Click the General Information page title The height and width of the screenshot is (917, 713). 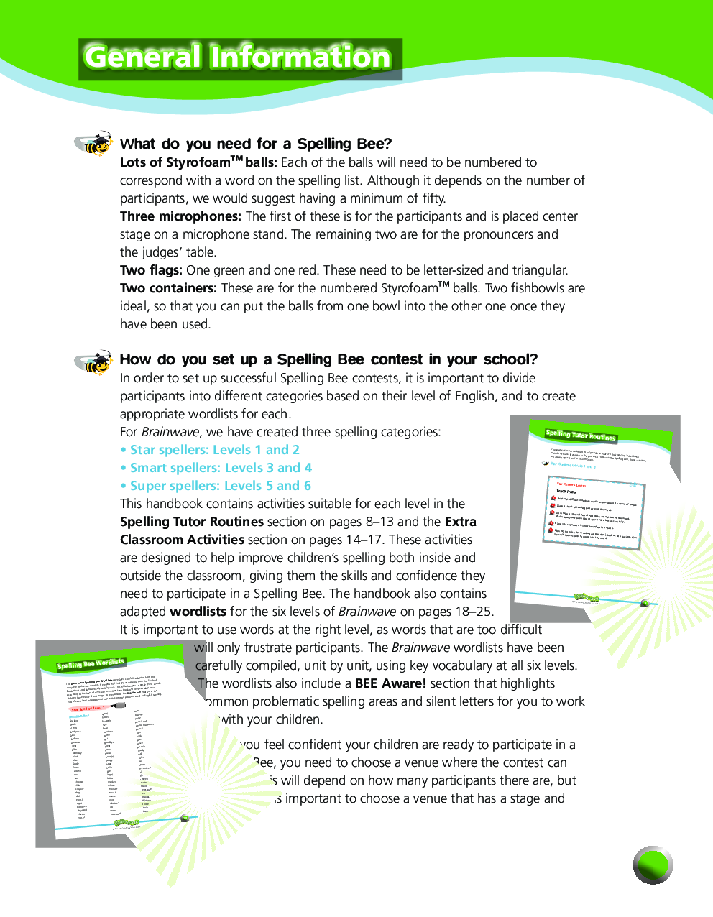pos(238,57)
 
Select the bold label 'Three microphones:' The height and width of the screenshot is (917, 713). pos(180,216)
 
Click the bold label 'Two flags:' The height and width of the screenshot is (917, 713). pos(151,270)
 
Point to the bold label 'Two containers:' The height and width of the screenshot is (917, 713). pos(168,288)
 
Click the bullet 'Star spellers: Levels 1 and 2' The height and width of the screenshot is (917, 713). pos(210,450)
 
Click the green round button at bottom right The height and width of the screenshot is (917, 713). pos(653,865)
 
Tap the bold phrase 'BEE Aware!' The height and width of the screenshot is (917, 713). pos(390,683)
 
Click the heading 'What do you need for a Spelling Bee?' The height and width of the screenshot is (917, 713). pos(256,144)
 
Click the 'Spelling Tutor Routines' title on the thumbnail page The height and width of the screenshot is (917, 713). pos(580,435)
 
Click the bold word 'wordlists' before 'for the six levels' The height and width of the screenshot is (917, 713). pos(198,612)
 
